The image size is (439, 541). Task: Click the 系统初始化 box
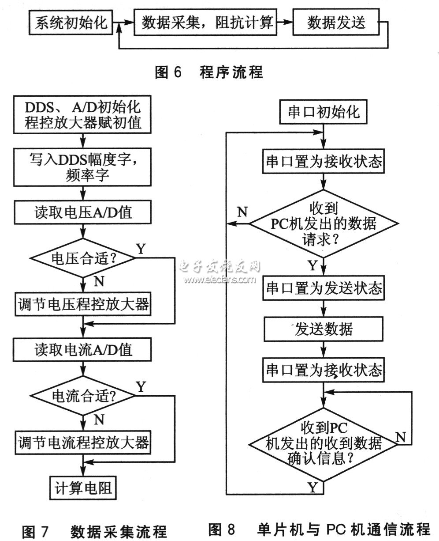coord(71,23)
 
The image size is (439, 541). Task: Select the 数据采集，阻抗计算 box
coord(207,23)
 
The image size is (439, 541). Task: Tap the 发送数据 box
coord(324,329)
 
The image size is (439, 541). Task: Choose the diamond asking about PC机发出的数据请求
coord(324,224)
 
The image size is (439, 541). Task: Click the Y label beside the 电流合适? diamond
coord(141,387)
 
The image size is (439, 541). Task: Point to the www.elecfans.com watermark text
coord(219,279)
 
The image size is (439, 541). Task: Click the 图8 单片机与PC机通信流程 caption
coord(319,529)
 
